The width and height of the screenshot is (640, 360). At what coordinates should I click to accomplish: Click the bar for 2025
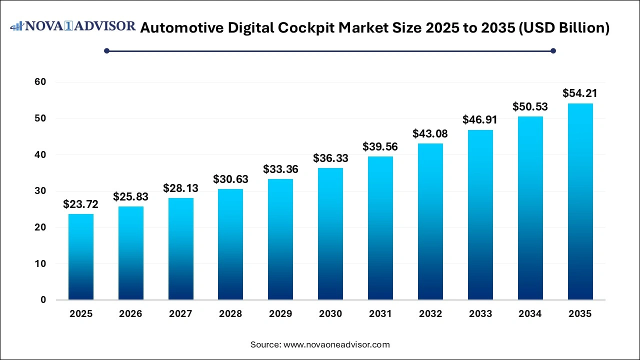pos(81,257)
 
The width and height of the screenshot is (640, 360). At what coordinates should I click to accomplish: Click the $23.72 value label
pos(81,204)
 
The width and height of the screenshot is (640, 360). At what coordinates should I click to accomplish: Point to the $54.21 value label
pos(580,93)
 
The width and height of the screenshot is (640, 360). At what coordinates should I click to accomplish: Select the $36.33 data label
pos(330,158)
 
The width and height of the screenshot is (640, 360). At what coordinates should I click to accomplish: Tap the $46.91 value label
pos(480,119)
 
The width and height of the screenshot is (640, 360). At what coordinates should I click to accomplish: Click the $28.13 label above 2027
pos(181,188)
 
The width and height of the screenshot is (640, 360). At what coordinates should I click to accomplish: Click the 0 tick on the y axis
pos(43,300)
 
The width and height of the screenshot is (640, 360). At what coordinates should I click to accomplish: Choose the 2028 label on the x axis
pos(230,314)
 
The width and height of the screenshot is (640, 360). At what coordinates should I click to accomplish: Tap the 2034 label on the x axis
pos(530,314)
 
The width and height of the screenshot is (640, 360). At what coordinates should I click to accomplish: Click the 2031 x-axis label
pos(380,314)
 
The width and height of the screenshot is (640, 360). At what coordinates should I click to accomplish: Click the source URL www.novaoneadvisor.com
pos(336,344)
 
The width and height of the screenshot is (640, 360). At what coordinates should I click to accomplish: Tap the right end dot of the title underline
pos(553,50)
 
